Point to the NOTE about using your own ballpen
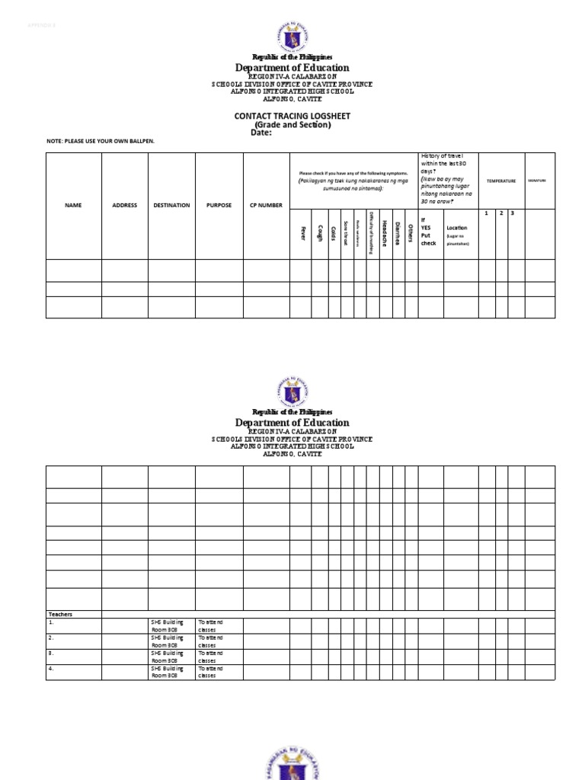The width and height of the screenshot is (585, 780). (x=106, y=142)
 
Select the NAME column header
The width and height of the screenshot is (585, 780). (x=73, y=205)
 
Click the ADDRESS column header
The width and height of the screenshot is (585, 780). (x=125, y=205)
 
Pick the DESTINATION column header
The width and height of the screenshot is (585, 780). (x=171, y=205)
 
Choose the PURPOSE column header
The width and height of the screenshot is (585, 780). (x=219, y=205)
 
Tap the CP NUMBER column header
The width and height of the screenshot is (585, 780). (x=266, y=205)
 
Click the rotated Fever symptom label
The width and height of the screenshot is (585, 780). (x=302, y=233)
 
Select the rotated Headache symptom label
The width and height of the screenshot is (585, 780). (x=385, y=232)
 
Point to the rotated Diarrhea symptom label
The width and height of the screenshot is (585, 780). (x=397, y=232)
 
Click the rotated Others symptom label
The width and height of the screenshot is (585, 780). (x=410, y=232)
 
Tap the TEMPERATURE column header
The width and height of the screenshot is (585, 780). (x=502, y=181)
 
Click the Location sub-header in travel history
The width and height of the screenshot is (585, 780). (x=457, y=228)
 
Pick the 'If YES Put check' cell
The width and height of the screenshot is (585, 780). (x=429, y=232)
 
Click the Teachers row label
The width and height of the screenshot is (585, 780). (x=60, y=614)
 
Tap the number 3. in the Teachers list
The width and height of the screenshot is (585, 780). (x=51, y=653)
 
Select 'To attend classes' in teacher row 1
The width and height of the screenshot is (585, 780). (x=210, y=625)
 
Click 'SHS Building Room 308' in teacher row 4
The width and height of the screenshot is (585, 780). (x=167, y=671)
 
